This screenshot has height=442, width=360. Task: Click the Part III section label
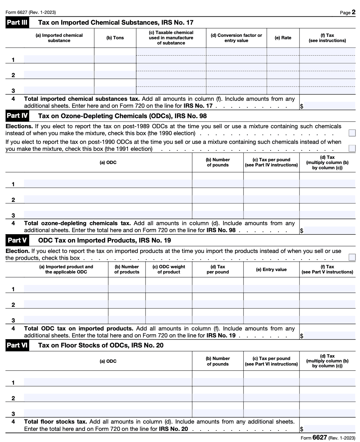(17, 23)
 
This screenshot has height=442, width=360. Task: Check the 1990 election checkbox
(352, 133)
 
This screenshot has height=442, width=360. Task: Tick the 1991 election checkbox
(352, 149)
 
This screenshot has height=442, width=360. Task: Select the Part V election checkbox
(352, 257)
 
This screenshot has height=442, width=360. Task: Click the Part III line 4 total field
(329, 106)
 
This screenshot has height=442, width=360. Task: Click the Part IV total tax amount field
(329, 230)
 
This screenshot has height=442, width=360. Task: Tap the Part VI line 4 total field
(329, 428)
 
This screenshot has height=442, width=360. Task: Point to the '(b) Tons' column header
(115, 38)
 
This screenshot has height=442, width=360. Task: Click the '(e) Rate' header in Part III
(283, 38)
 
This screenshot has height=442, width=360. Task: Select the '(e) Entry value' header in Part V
(271, 269)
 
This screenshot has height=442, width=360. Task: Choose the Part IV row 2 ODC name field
(108, 199)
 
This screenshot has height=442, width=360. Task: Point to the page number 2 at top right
(353, 13)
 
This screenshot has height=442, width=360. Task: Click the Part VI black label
(17, 345)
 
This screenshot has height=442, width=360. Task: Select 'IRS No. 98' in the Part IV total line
(221, 230)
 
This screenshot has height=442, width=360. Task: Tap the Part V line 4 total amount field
(329, 335)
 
